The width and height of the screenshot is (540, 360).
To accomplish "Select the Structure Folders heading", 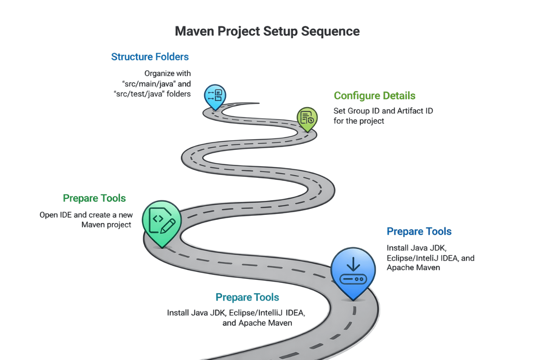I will pos(150,57).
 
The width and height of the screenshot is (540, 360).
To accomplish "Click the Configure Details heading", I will pos(375,96).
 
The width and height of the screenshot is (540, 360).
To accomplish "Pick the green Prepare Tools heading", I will pos(94,198).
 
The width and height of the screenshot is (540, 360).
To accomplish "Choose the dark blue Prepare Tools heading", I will pos(419,231).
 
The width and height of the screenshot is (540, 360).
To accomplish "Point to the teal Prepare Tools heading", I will pos(247,297).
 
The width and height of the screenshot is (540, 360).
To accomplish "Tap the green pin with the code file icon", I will pos(162,222).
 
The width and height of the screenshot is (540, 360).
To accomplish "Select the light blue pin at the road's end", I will pos(215,95).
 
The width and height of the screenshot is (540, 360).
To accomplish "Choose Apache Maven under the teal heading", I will pos(257,323).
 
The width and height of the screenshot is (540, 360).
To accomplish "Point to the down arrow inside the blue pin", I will pos(353,265).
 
